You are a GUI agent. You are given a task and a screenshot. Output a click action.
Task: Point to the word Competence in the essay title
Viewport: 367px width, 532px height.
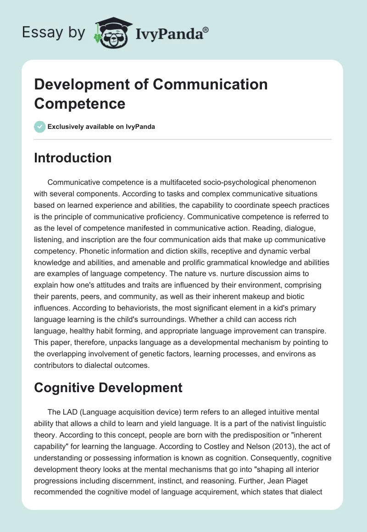79,103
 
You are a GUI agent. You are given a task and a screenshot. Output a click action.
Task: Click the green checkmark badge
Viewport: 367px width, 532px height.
40,127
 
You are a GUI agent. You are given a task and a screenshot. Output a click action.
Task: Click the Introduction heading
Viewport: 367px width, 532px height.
73,158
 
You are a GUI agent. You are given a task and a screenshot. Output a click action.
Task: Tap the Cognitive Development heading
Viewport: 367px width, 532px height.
108,388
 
